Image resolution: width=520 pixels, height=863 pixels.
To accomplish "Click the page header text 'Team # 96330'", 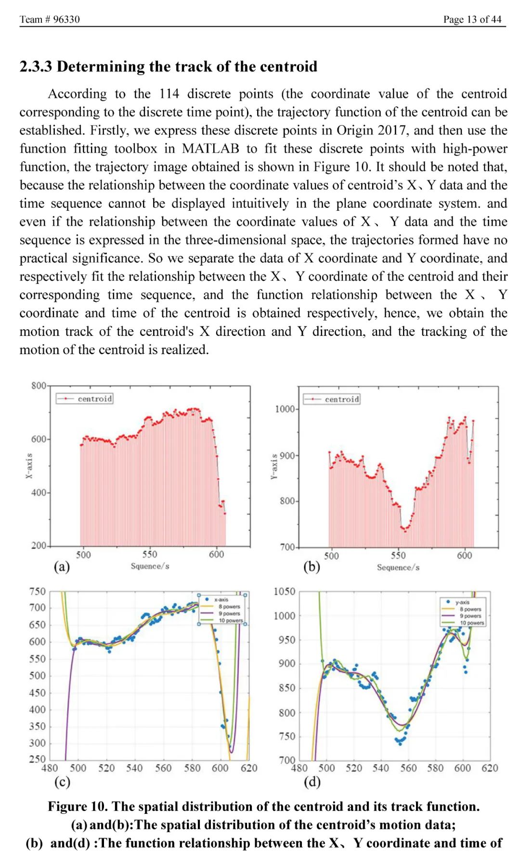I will click(x=50, y=19).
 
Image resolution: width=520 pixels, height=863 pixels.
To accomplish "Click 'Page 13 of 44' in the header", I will click(x=472, y=19).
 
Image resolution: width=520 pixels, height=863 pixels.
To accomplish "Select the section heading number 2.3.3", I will click(x=36, y=66).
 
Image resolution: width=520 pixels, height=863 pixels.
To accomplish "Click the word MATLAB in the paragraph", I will click(x=210, y=149).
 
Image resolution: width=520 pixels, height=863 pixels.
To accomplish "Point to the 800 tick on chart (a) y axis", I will click(x=39, y=386).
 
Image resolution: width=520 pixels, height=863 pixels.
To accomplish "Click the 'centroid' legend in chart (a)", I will click(x=94, y=399).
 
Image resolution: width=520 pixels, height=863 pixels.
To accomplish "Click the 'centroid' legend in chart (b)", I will click(x=341, y=399).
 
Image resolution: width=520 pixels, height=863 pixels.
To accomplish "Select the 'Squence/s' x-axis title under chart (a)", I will click(x=150, y=566).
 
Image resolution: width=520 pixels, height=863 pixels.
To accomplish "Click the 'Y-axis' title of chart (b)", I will click(x=273, y=466).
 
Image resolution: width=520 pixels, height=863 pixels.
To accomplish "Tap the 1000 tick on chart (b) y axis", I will click(x=285, y=409).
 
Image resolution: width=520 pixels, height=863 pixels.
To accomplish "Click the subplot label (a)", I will click(x=62, y=567).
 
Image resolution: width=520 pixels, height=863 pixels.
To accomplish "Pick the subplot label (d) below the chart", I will click(x=312, y=782).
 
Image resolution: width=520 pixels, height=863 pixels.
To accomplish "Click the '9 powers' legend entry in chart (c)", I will click(x=229, y=614).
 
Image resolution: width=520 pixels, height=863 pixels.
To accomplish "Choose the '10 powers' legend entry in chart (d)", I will click(x=472, y=623).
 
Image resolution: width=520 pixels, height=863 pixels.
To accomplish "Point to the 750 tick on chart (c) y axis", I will click(x=37, y=592).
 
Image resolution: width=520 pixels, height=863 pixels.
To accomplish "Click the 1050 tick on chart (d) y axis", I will click(x=285, y=592).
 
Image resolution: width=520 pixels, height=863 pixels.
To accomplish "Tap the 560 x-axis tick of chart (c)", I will click(x=163, y=768).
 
